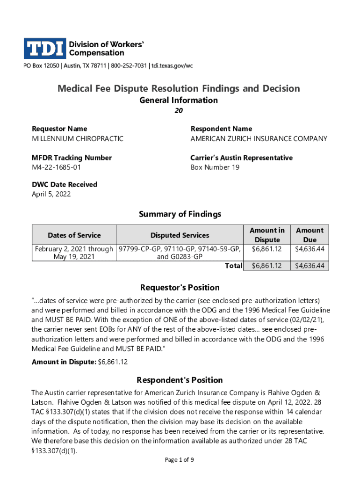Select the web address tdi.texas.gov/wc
171,66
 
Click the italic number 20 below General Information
179,111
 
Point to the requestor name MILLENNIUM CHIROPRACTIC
78,138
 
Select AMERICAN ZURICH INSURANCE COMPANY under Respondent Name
259,138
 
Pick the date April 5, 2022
51,194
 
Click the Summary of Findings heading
180,214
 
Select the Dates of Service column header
74,235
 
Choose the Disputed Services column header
180,235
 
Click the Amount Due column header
309,235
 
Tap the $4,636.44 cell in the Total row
309,266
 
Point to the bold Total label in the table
233,266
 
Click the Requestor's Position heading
180,287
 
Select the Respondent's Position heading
180,380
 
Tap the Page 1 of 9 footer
180,460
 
